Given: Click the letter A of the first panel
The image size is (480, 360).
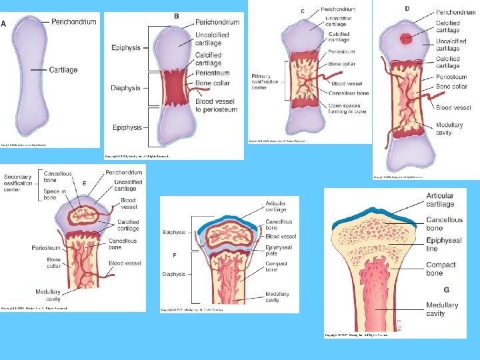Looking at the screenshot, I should (x=4, y=24).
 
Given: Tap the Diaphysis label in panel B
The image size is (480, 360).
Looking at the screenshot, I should (x=126, y=88).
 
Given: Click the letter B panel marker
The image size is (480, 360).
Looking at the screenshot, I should (x=176, y=16).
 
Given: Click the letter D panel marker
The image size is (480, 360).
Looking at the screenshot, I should (x=407, y=8).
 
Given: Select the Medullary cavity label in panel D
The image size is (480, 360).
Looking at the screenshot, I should (x=449, y=129).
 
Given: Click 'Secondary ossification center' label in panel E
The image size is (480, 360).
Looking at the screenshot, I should (x=18, y=183).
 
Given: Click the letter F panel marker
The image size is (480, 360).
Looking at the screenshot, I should (x=175, y=255).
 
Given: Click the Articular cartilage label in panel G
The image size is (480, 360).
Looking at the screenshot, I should (x=440, y=199).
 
